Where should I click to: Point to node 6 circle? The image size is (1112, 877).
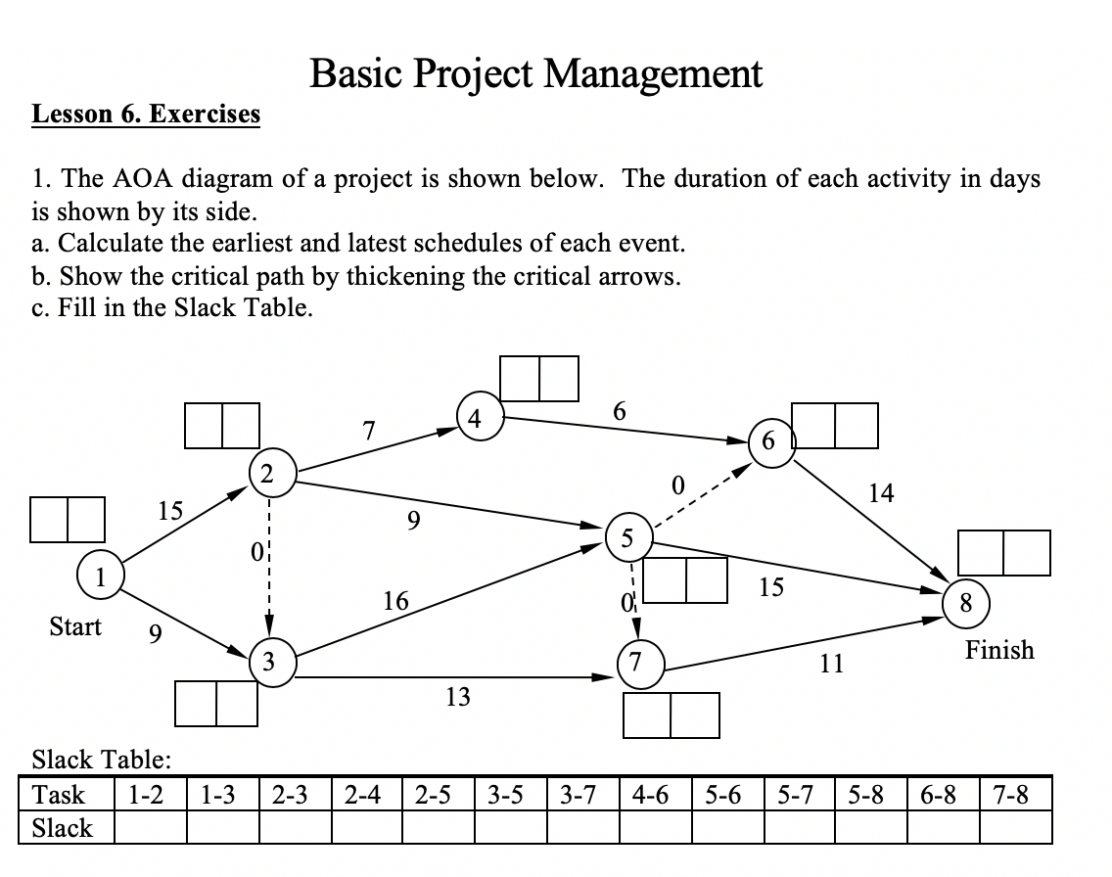(769, 441)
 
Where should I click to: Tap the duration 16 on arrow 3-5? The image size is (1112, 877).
(395, 601)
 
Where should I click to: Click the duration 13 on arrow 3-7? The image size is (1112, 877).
(457, 697)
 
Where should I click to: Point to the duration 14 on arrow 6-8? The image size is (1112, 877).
(882, 492)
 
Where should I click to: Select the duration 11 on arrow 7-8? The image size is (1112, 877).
(831, 665)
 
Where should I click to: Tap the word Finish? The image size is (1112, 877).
(999, 650)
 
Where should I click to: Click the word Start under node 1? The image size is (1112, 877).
(75, 626)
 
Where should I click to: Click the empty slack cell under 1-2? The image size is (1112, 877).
(151, 828)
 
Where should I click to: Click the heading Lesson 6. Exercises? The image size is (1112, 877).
(147, 115)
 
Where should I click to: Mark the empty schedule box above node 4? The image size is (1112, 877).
(539, 379)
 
